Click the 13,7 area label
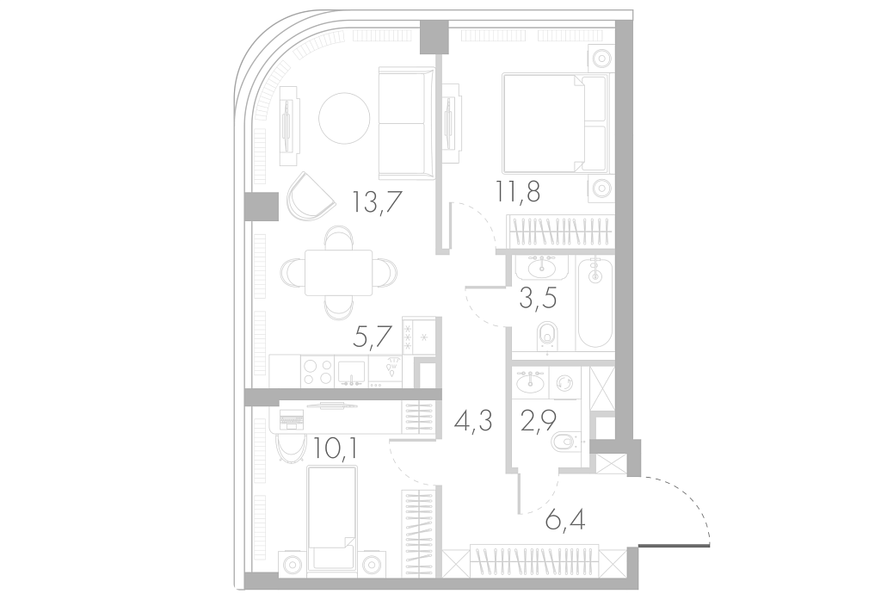click(377, 201)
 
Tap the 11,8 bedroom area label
click(517, 191)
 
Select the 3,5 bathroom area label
click(538, 298)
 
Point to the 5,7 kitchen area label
click(372, 337)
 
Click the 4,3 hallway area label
click(474, 419)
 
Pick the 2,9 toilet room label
click(539, 420)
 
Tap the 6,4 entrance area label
click(564, 520)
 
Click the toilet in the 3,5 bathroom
click(546, 337)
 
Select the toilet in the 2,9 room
click(569, 443)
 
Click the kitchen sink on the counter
click(351, 372)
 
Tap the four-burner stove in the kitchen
click(317, 372)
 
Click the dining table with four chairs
click(338, 273)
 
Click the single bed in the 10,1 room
click(332, 517)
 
